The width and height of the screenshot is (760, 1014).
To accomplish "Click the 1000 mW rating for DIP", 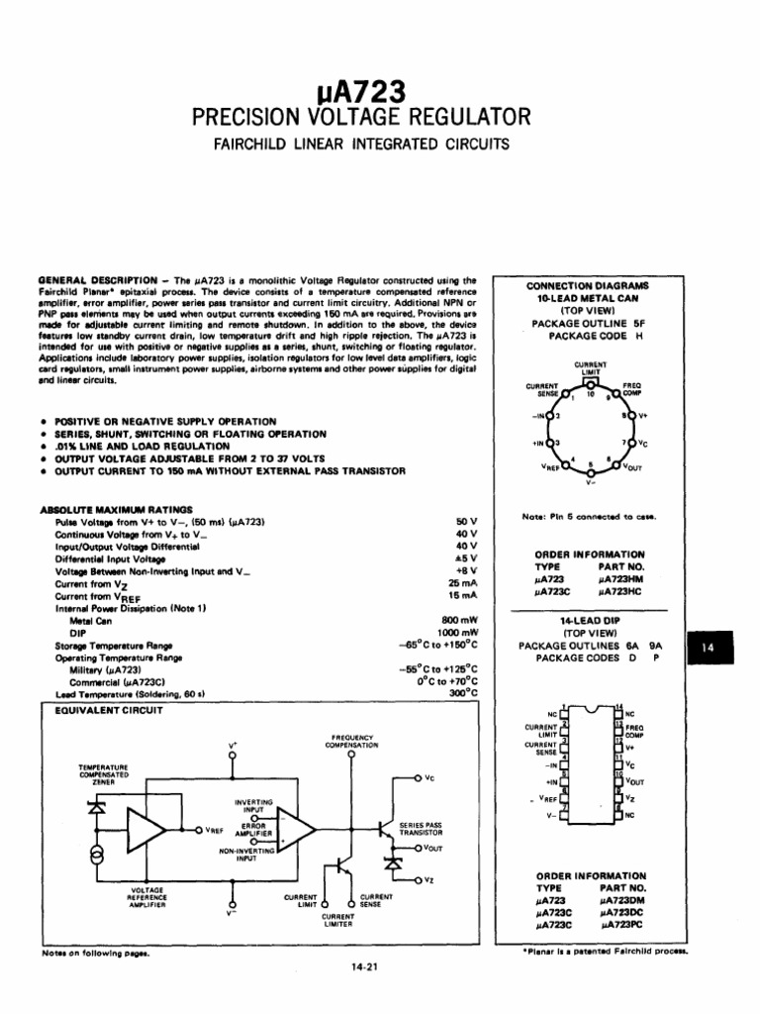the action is click(x=456, y=633).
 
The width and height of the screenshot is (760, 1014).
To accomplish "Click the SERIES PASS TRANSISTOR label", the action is click(x=421, y=829).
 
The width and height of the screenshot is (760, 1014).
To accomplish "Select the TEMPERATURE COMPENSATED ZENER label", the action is click(x=104, y=774).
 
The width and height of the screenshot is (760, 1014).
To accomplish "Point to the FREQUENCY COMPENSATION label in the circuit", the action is click(x=352, y=742).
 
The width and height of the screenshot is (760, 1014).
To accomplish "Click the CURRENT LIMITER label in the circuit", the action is click(x=338, y=921).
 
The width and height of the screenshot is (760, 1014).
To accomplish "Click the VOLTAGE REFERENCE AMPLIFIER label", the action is click(x=147, y=897).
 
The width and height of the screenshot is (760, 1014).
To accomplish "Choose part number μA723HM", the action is click(x=620, y=578).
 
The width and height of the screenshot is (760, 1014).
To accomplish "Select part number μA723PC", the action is click(x=620, y=924).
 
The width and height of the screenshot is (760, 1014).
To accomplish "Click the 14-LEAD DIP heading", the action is click(x=590, y=619).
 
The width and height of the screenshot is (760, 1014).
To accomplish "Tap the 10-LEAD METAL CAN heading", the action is click(x=589, y=297).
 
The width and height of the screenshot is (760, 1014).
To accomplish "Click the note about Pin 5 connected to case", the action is click(x=588, y=516).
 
